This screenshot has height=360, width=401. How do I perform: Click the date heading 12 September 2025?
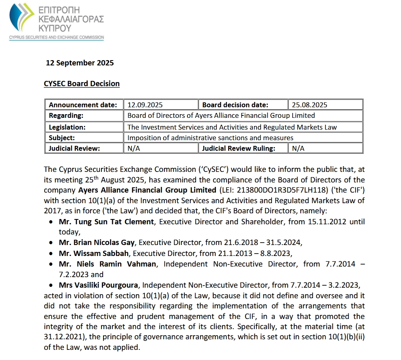80,63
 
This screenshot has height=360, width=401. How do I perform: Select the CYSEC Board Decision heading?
82,84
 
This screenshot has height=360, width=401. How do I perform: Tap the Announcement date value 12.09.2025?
145,105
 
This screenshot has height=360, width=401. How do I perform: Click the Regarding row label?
66,116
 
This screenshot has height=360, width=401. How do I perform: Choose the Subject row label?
62,138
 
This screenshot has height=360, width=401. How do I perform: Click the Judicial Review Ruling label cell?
239,148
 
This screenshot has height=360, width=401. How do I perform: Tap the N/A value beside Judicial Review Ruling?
298,148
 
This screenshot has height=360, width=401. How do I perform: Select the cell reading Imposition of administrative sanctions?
210,138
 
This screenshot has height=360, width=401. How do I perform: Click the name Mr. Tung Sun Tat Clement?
106,222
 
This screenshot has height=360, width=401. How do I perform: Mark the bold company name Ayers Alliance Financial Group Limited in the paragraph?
147,190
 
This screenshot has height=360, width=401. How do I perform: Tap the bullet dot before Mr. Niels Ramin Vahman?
50,264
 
